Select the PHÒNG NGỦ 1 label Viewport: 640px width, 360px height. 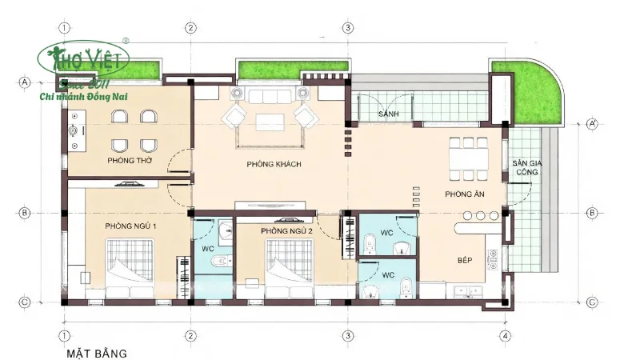[130, 226]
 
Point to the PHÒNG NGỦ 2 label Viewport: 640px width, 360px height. [285, 231]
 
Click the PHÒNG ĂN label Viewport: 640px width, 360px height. [464, 194]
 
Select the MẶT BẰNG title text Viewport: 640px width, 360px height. [98, 351]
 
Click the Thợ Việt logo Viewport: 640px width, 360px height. [86, 58]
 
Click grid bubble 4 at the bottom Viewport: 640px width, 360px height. [505, 335]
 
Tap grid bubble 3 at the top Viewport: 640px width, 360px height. [348, 27]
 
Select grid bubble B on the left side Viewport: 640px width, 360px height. [25, 213]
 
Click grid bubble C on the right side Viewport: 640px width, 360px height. [593, 302]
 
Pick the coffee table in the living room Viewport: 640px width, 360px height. [270, 122]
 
